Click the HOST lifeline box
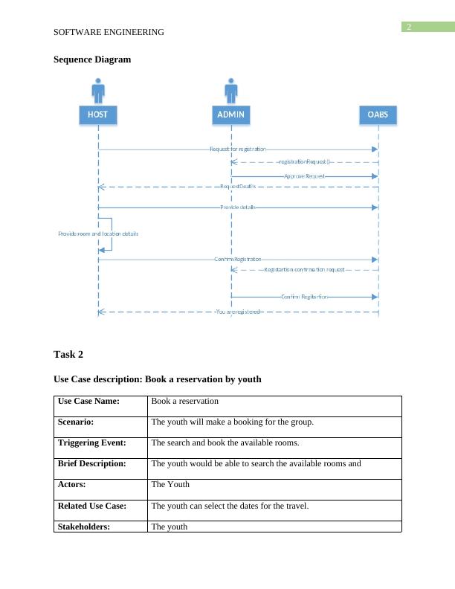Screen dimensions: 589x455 tap(98, 115)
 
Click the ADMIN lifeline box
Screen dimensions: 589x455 tap(231, 115)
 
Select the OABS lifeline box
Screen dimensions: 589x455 tap(378, 115)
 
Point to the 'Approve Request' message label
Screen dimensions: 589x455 tap(305, 176)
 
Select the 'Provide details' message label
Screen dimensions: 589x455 tap(238, 207)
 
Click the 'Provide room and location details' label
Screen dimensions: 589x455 tap(98, 234)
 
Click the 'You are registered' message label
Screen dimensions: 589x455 tap(237, 312)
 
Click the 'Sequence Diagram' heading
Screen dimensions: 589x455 tap(92, 59)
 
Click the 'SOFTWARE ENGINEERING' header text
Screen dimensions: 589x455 tap(109, 33)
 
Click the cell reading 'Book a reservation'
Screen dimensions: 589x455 tap(184, 401)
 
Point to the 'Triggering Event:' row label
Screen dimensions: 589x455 tap(92, 442)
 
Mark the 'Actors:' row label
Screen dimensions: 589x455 tap(75, 484)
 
